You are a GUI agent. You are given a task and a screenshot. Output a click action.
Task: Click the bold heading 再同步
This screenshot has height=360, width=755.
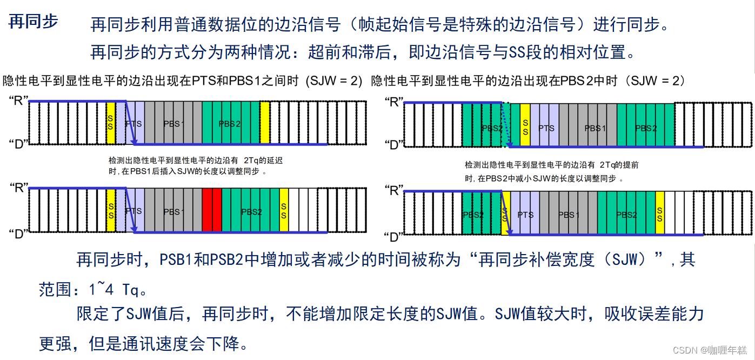click(34, 22)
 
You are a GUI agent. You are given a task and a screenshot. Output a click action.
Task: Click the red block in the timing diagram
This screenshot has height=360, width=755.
click(212, 211)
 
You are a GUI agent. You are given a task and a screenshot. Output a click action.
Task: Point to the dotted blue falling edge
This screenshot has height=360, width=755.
click(506, 124)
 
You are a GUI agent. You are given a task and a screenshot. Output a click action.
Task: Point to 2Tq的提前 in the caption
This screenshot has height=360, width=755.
click(619, 165)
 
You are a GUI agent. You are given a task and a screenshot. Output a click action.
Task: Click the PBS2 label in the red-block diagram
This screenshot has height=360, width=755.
click(251, 212)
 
